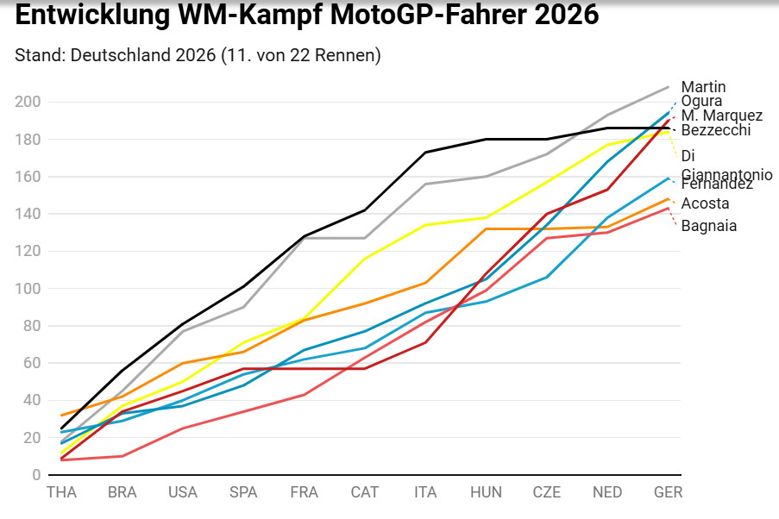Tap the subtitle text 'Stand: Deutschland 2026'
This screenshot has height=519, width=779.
pos(116,55)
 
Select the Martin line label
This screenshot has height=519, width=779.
pos(703,87)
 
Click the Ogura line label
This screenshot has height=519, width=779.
pos(701,102)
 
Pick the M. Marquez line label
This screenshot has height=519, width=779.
pos(721,116)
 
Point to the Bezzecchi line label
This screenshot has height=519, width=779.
pos(716,130)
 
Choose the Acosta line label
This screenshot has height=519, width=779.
pos(705,203)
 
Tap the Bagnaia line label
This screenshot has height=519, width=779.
pos(709,226)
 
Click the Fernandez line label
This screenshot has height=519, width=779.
pos(717,184)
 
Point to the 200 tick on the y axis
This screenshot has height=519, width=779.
pos(28,102)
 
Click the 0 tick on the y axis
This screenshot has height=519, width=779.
pos(36,475)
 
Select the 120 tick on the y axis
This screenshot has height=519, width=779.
pos(28,251)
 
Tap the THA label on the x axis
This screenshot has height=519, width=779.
pos(61,492)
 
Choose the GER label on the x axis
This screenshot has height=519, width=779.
pos(669,492)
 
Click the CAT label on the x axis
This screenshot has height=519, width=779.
pos(365,492)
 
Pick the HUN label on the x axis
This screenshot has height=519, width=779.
pos(486,492)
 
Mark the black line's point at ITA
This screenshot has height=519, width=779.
pos(425,153)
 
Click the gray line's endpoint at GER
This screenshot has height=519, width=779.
pos(669,87)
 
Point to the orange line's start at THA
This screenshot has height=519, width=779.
pos(61,416)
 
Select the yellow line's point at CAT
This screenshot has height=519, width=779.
pos(365,259)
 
